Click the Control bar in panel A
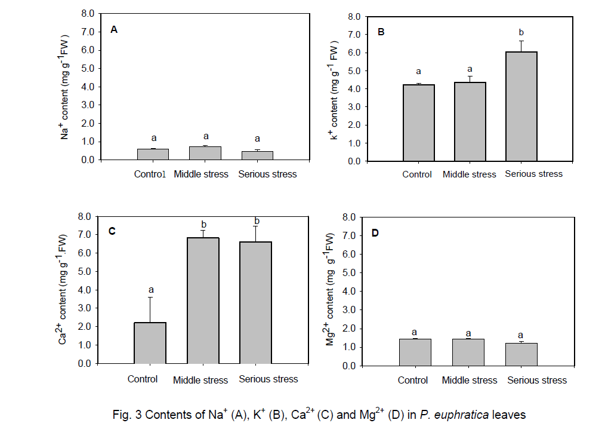(153, 154)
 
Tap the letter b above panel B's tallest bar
(521, 32)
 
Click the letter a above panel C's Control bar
(150, 290)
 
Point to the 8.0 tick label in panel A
(88, 13)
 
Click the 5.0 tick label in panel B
(353, 71)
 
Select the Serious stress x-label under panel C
(268, 379)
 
